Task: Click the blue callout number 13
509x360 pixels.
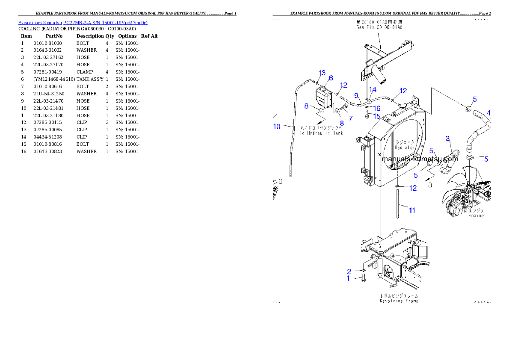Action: click(322, 72)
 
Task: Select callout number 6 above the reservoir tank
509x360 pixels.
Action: click(331, 78)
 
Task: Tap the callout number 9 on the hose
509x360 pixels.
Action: click(355, 95)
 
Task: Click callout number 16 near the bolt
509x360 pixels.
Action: click(376, 109)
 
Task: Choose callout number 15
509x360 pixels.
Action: click(376, 116)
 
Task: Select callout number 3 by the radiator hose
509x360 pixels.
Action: click(448, 138)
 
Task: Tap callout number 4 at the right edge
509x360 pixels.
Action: click(489, 113)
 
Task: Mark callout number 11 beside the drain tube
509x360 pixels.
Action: click(411, 210)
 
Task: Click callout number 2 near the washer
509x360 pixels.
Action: click(349, 271)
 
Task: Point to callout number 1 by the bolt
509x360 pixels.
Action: click(349, 278)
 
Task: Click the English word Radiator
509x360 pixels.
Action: click(405, 147)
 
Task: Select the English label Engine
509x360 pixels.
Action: click(476, 216)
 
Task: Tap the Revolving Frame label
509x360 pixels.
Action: click(399, 301)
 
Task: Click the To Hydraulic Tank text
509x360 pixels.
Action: click(321, 133)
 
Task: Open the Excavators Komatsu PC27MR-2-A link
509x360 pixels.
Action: click(83, 23)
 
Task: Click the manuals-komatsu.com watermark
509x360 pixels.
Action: click(420, 159)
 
